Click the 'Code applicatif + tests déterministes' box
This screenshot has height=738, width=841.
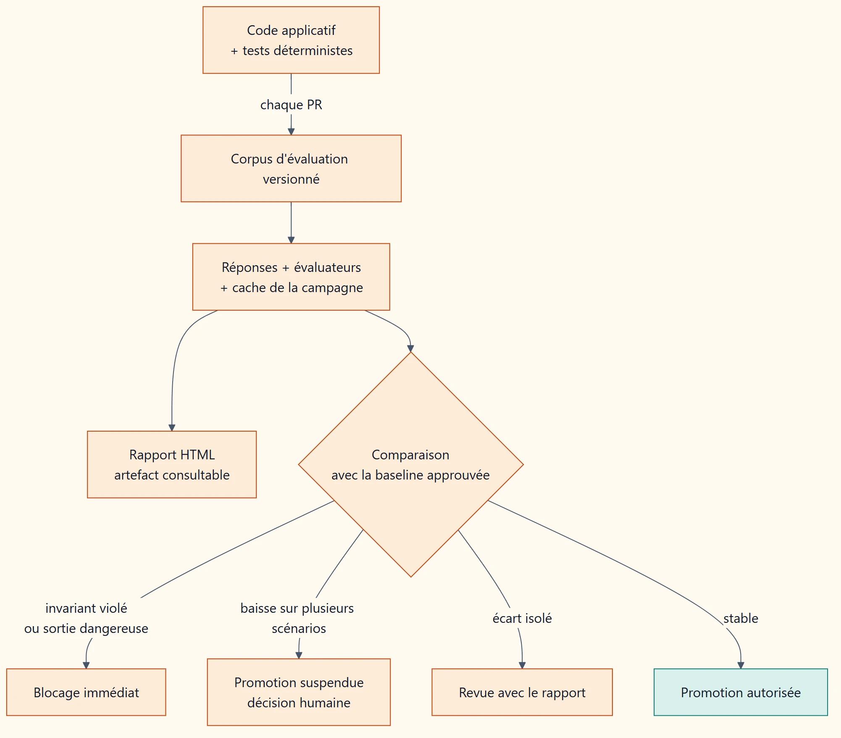pyautogui.click(x=291, y=40)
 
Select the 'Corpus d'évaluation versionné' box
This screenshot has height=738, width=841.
pyautogui.click(x=291, y=169)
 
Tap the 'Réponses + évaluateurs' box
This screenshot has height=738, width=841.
pyautogui.click(x=291, y=277)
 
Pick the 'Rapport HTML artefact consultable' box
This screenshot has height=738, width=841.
pyautogui.click(x=172, y=464)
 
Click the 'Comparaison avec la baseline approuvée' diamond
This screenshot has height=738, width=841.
pyautogui.click(x=411, y=464)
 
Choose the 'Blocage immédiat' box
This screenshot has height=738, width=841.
pyautogui.click(x=86, y=692)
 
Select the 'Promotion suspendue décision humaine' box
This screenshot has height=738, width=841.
pyautogui.click(x=299, y=692)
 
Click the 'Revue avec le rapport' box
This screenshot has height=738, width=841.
pyautogui.click(x=522, y=692)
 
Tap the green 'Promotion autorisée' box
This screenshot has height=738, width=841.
pyautogui.click(x=741, y=692)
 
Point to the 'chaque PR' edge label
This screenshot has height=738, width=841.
pyautogui.click(x=291, y=105)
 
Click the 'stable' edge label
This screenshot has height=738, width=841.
pyautogui.click(x=741, y=618)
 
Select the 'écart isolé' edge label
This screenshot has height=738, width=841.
pyautogui.click(x=522, y=618)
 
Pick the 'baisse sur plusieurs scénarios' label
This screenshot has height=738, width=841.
pyautogui.click(x=297, y=618)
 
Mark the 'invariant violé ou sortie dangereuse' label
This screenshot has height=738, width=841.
pyautogui.click(x=86, y=618)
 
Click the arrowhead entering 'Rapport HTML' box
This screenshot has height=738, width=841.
pyautogui.click(x=172, y=428)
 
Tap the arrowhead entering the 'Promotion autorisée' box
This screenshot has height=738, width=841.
pyautogui.click(x=741, y=665)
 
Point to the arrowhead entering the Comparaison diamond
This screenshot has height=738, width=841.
pyautogui.click(x=410, y=348)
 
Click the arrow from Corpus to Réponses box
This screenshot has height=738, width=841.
pyautogui.click(x=291, y=223)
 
